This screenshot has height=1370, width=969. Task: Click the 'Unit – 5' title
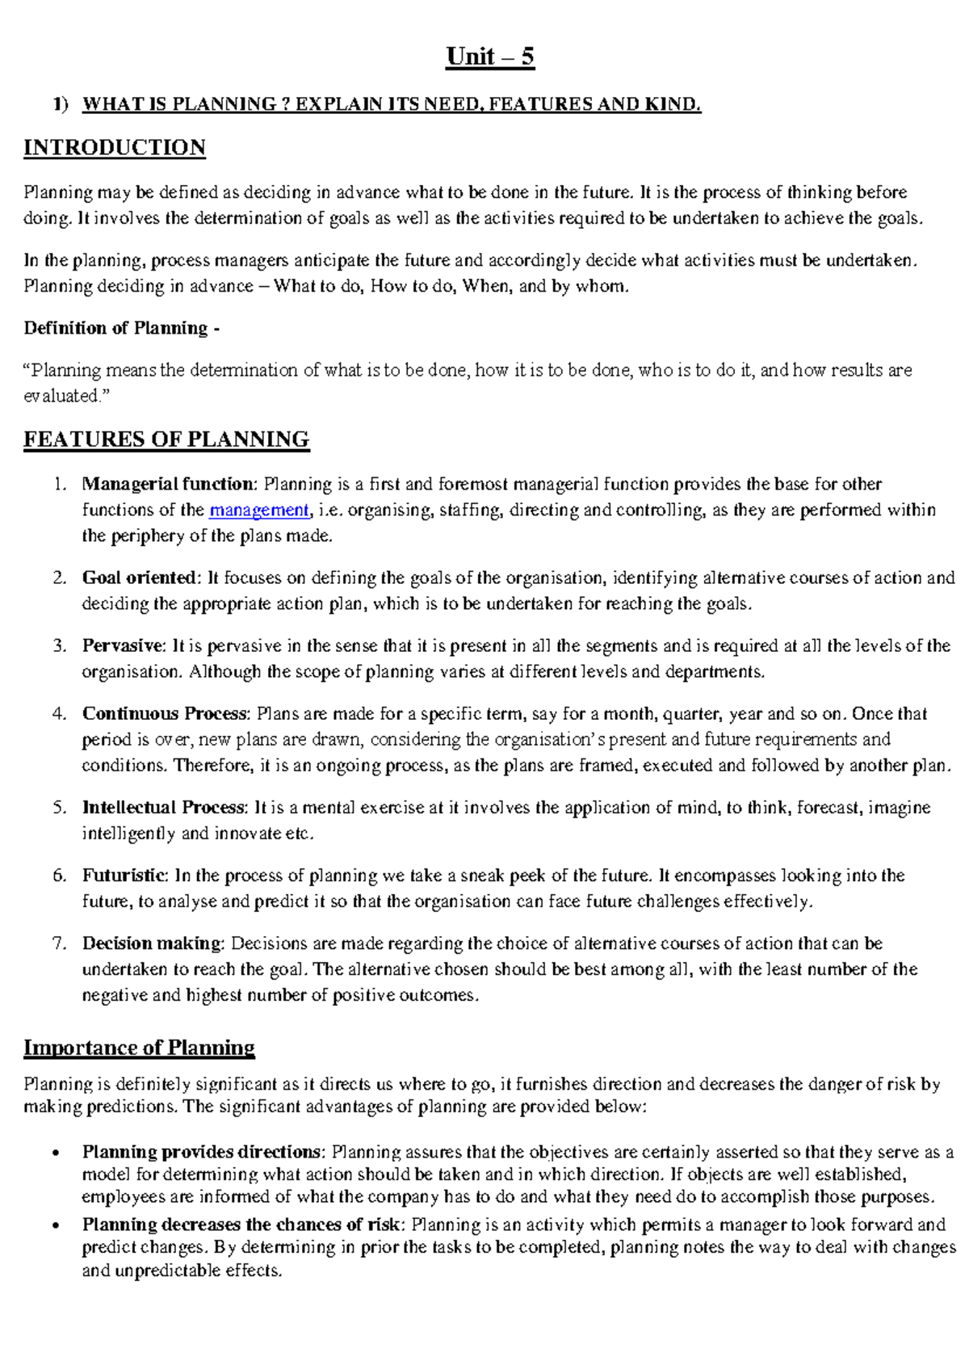click(x=489, y=57)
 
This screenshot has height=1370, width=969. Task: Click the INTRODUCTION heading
click(x=115, y=148)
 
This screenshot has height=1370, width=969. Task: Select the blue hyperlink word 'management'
click(x=258, y=511)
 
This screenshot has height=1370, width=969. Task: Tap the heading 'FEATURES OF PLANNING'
click(x=166, y=439)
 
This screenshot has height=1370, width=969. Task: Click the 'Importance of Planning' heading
click(x=139, y=1048)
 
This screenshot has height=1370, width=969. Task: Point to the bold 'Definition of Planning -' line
click(x=121, y=328)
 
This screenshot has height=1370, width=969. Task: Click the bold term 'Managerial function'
click(x=168, y=485)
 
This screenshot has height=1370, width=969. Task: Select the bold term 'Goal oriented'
click(x=139, y=578)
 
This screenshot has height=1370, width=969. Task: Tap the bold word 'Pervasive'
click(x=123, y=646)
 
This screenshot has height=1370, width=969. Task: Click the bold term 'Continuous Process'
click(x=166, y=714)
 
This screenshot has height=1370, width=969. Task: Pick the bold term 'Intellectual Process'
click(x=163, y=808)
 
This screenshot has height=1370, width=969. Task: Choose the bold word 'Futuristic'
click(x=124, y=876)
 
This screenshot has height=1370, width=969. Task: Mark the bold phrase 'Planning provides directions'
click(x=202, y=1152)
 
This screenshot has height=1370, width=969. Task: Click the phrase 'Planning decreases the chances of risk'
click(x=241, y=1225)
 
